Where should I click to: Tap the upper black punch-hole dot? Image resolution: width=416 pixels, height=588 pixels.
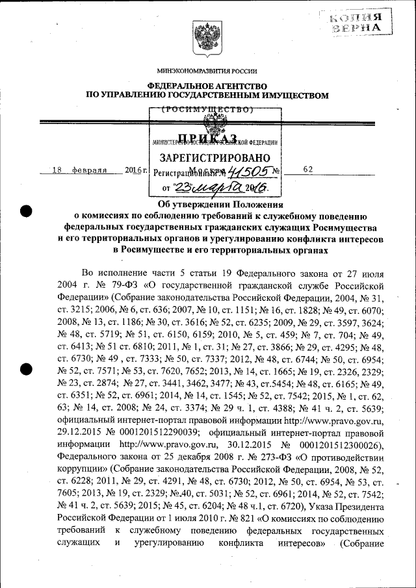click(x=27, y=211)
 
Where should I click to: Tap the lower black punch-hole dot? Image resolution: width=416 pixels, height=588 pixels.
click(x=27, y=368)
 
